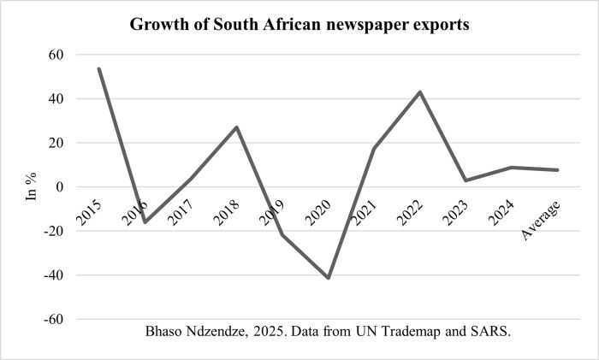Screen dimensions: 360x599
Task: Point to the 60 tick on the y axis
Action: click(56, 55)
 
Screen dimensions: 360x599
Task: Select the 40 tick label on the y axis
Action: click(56, 99)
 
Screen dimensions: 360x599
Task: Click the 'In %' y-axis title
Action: click(30, 186)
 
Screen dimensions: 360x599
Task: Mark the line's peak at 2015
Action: click(99, 68)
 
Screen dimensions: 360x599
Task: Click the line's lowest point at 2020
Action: click(329, 277)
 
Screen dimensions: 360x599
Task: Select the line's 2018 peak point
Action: click(237, 127)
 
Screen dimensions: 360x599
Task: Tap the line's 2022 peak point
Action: click(420, 91)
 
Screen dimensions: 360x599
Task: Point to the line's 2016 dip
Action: click(145, 222)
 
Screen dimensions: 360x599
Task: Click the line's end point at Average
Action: click(557, 170)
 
